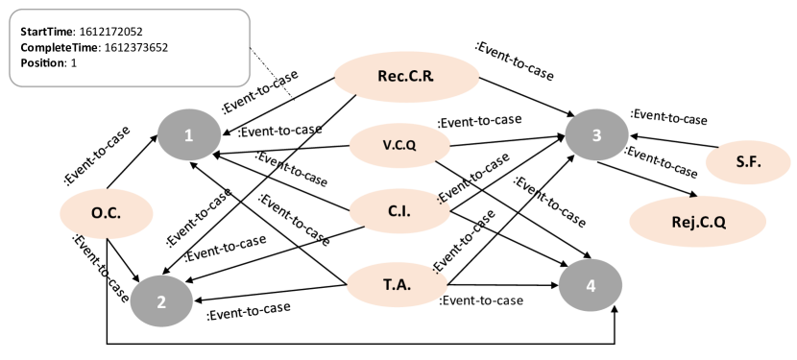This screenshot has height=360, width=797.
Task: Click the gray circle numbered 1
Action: click(x=189, y=135)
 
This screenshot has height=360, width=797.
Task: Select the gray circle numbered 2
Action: click(x=161, y=300)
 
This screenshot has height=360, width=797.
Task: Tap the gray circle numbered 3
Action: click(x=596, y=135)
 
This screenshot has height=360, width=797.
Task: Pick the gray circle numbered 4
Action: click(x=591, y=285)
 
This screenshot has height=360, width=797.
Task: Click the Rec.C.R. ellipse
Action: click(x=406, y=76)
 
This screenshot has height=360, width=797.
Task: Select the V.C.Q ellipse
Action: click(x=398, y=145)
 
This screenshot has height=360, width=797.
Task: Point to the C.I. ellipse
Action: click(x=398, y=211)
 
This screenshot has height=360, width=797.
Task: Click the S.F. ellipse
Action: click(x=748, y=162)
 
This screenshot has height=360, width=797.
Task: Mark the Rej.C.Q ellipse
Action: click(x=697, y=222)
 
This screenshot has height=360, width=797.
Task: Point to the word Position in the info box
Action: click(x=42, y=62)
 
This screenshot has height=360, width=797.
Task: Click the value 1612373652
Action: click(x=138, y=47)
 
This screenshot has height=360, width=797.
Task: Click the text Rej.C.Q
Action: click(x=698, y=222)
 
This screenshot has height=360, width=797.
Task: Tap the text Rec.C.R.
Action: click(x=406, y=76)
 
